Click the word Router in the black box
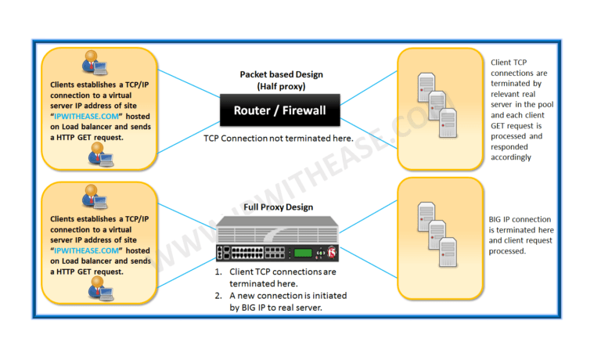[x=255, y=111]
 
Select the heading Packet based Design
[x=281, y=74]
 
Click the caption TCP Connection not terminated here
[x=280, y=138]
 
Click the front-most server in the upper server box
[x=448, y=123]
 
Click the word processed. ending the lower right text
[x=507, y=251]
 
